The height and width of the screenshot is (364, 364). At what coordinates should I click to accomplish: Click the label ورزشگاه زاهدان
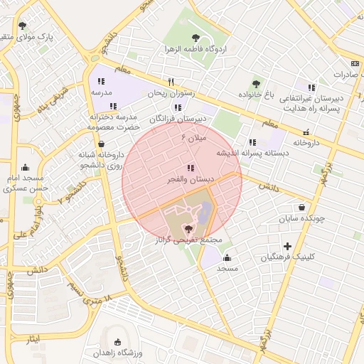pos(118,353)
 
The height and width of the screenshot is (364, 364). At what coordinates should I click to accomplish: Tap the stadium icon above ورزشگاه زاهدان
pos(117,342)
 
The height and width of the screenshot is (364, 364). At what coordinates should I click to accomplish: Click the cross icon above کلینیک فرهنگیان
pos(287,245)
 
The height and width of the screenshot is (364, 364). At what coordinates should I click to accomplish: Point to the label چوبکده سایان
pos(303,218)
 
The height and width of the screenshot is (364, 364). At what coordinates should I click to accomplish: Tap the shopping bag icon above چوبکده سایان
pos(303,208)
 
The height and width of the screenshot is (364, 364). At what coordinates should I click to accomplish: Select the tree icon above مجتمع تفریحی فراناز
pos(188,228)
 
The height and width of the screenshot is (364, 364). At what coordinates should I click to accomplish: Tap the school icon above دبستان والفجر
pos(189,168)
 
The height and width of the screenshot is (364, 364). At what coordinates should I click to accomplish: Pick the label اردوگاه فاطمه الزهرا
pos(195,51)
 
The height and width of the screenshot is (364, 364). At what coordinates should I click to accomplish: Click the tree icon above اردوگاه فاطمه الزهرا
pos(196,39)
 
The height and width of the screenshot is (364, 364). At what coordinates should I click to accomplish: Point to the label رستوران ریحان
pos(171,93)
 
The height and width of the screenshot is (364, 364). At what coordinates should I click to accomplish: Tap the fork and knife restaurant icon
pos(171,81)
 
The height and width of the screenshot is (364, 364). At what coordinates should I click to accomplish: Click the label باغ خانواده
pos(255,94)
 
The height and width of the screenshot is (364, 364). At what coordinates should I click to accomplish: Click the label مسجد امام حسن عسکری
pos(24,183)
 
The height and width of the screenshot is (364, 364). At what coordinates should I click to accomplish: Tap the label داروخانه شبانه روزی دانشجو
pos(101,159)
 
